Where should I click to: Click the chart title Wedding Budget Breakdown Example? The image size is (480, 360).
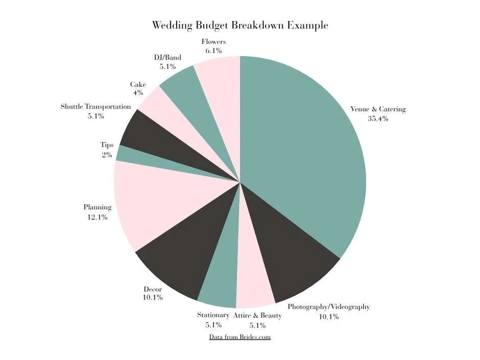[240, 25]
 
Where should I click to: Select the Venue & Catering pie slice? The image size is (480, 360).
[306, 153]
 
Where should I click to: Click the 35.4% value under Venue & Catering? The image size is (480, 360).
[378, 118]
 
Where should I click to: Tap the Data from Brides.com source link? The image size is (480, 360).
[239, 337]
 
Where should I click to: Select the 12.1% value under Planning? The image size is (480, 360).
[97, 217]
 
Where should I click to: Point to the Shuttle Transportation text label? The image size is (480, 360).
[95, 107]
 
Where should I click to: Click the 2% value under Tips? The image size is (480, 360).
[107, 155]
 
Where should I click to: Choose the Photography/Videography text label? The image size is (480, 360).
[328, 307]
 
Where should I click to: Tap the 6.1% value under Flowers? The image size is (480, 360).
[213, 51]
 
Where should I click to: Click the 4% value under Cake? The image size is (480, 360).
[138, 93]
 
